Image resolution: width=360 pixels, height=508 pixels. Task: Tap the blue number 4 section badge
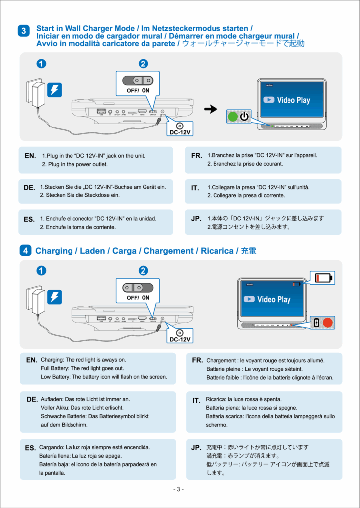click(25, 251)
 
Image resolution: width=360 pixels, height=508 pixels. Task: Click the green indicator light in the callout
click(232, 117)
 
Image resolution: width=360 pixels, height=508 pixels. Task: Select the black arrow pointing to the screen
click(211, 109)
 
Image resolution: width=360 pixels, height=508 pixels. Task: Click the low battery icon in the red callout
click(322, 277)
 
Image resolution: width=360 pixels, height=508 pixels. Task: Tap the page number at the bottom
click(179, 489)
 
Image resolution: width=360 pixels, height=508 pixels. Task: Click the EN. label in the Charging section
click(32, 360)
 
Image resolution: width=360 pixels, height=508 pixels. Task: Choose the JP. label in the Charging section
click(196, 448)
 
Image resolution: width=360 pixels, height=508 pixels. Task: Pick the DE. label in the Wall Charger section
click(29, 188)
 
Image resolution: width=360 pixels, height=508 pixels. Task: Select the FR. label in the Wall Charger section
click(197, 156)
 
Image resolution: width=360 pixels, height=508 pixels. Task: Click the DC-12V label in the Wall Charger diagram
click(179, 132)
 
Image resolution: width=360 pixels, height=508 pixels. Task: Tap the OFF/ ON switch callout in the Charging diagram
click(138, 291)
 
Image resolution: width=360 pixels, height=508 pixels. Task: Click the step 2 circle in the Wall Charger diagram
click(143, 63)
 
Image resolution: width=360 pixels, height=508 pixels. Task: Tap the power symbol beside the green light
click(244, 117)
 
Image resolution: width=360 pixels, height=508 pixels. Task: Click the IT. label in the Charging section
click(196, 400)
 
